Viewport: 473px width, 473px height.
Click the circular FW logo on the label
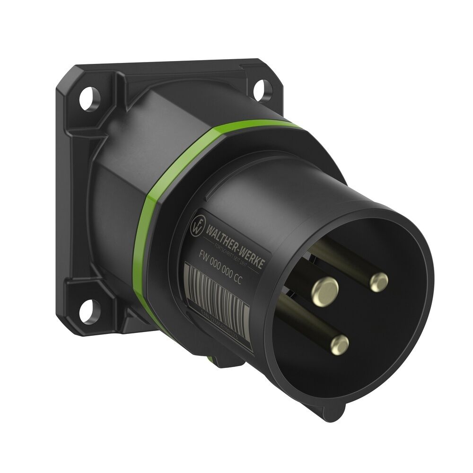(x=196, y=225)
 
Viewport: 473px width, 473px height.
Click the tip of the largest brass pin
(x=324, y=289)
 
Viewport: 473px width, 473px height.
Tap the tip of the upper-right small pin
(x=378, y=282)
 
